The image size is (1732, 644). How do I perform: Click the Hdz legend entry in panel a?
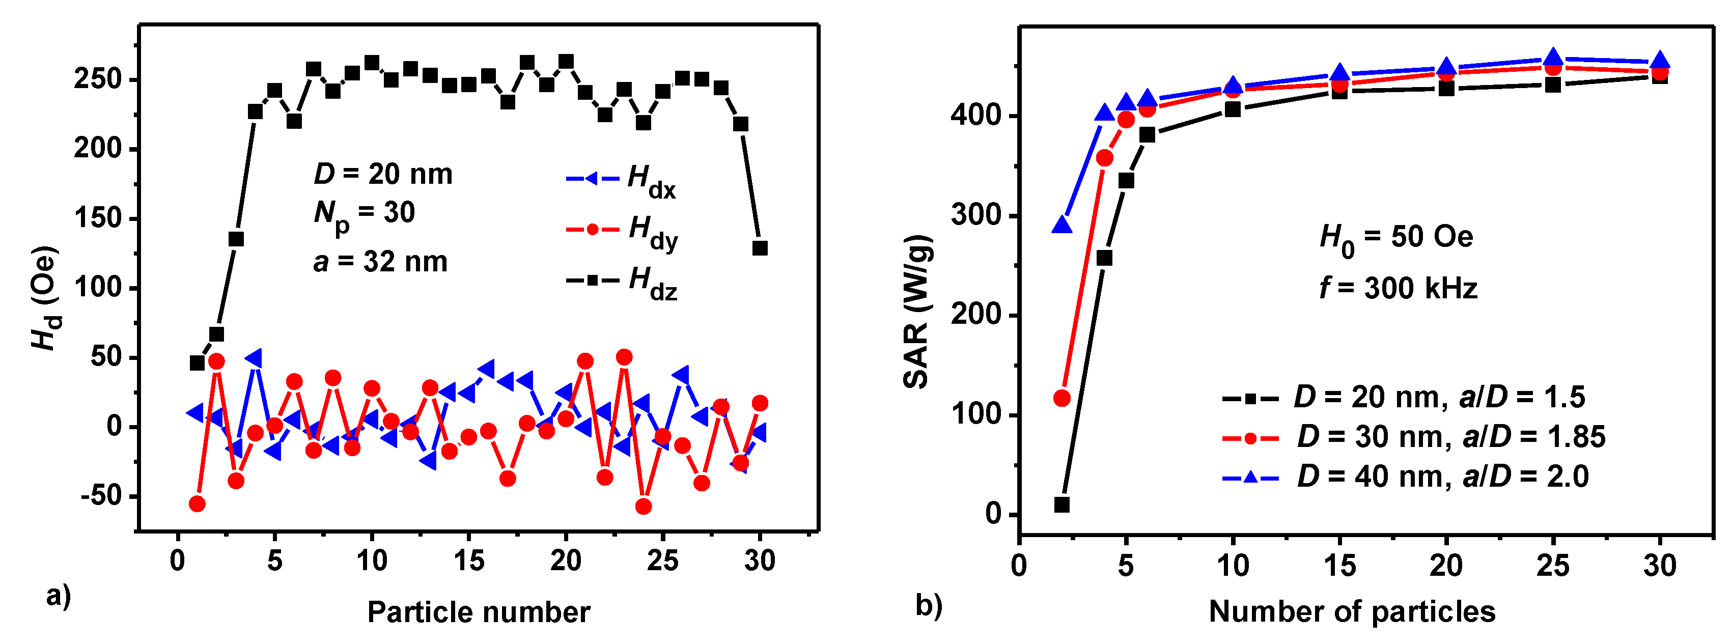point(622,281)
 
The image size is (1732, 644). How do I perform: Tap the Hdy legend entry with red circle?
point(622,231)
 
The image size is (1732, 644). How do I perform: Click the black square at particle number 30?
point(760,248)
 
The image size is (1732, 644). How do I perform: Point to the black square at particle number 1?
point(197,363)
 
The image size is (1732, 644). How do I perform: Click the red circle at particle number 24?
point(644,506)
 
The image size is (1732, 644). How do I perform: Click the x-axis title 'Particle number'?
point(478,612)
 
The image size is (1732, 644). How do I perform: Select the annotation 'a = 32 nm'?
point(380,262)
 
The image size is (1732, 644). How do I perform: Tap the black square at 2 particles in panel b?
point(1061,504)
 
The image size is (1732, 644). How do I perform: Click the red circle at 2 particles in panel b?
point(1061,398)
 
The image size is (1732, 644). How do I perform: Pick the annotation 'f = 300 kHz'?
point(1398,288)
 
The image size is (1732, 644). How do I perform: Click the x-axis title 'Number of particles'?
point(1352,612)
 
